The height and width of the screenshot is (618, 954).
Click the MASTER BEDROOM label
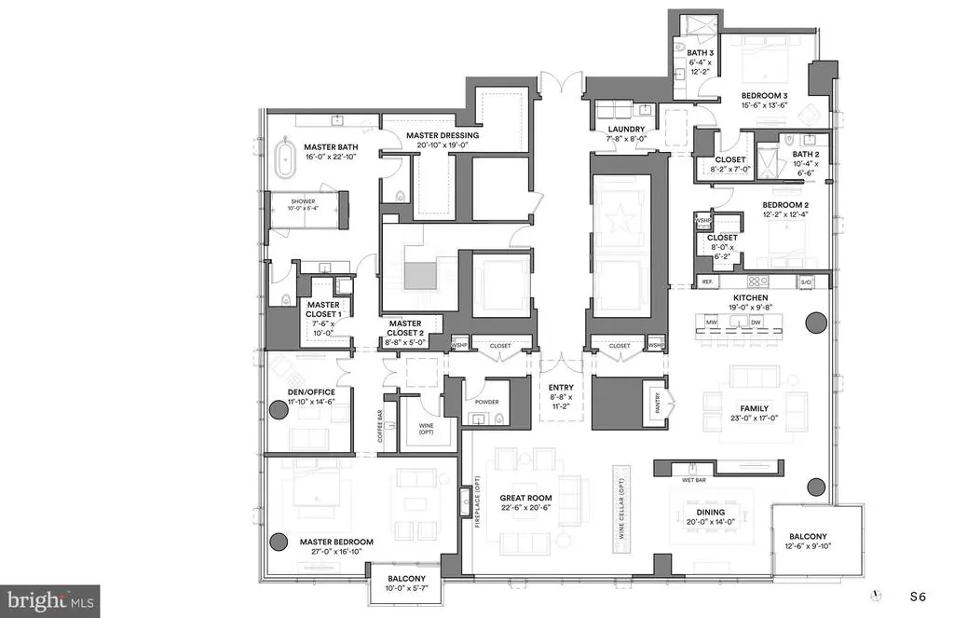click(335, 542)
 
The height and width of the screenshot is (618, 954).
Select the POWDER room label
click(487, 403)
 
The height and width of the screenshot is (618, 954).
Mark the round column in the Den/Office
click(277, 408)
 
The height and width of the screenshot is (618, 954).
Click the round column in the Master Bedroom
click(277, 542)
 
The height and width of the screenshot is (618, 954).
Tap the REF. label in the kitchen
click(708, 282)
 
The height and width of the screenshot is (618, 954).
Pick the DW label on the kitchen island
click(756, 322)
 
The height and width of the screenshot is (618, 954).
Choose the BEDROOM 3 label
click(765, 95)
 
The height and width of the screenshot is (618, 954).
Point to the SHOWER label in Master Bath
click(304, 201)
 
